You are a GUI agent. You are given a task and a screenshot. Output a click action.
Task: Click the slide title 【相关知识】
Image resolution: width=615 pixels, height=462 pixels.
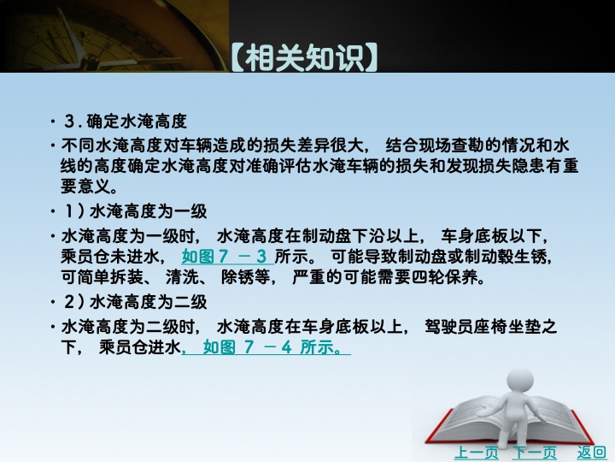(305, 58)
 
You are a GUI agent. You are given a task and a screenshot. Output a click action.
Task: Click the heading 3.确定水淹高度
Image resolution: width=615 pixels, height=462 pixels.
(125, 121)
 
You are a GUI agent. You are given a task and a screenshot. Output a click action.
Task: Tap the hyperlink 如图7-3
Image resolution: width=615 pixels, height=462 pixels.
(225, 257)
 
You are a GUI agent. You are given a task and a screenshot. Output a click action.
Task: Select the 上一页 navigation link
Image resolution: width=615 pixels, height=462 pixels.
(476, 453)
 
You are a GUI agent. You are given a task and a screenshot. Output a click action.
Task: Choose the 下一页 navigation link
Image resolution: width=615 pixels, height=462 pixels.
(534, 453)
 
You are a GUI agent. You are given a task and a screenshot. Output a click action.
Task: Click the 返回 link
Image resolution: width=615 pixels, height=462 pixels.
(591, 453)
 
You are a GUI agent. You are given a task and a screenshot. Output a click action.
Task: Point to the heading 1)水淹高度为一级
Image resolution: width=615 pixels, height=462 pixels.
(135, 212)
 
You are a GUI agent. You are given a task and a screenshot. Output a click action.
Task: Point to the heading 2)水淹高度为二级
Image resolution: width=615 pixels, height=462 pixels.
(135, 302)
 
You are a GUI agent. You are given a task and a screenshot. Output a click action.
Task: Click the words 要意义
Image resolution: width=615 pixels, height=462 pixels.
(85, 186)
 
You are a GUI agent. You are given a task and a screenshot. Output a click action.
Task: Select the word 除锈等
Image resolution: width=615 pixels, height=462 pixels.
(245, 277)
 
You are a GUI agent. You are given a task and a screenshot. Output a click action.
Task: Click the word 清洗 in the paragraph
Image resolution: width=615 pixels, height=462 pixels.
(182, 277)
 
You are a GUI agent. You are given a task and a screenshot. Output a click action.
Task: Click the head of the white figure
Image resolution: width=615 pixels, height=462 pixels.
(520, 380)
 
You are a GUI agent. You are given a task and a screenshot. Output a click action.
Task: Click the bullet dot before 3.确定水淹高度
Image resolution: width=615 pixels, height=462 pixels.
(53, 121)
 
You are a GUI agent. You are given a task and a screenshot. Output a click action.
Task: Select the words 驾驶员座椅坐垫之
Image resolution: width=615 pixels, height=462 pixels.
(490, 327)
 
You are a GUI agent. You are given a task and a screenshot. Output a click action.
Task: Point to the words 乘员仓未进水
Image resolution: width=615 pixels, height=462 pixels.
(110, 257)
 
